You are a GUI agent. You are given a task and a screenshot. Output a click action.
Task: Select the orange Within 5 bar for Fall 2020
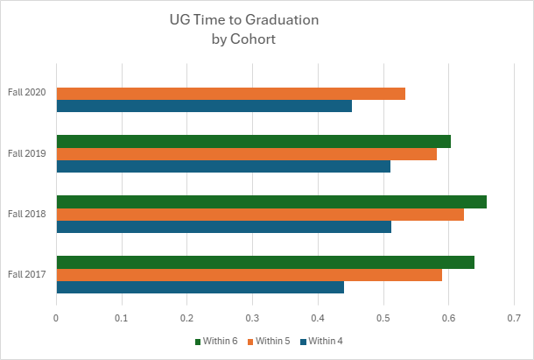tap(231, 94)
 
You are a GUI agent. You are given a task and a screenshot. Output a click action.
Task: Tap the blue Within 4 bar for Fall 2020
tap(204, 106)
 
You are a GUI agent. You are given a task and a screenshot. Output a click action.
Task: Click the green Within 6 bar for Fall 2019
tap(254, 142)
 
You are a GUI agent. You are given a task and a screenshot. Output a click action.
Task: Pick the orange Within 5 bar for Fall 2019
tap(247, 154)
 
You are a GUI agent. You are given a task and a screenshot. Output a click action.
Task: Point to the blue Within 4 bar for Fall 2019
tap(223, 166)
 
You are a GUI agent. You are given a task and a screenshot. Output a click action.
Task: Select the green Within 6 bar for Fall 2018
tap(271, 202)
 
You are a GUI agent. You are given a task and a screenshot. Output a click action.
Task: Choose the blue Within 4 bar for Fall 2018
tap(224, 227)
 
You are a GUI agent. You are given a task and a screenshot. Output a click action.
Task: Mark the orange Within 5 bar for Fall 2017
tap(249, 275)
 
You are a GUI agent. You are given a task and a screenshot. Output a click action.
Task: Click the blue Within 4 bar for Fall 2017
tap(200, 287)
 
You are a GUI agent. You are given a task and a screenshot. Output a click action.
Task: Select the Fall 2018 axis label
tap(27, 215)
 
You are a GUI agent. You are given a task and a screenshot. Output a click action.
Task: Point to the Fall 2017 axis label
tap(27, 275)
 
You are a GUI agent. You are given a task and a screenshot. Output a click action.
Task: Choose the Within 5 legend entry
tap(272, 341)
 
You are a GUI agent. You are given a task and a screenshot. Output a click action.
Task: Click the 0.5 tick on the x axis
tap(383, 319)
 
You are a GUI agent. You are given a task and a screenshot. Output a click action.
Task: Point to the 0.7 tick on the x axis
tap(514, 319)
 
